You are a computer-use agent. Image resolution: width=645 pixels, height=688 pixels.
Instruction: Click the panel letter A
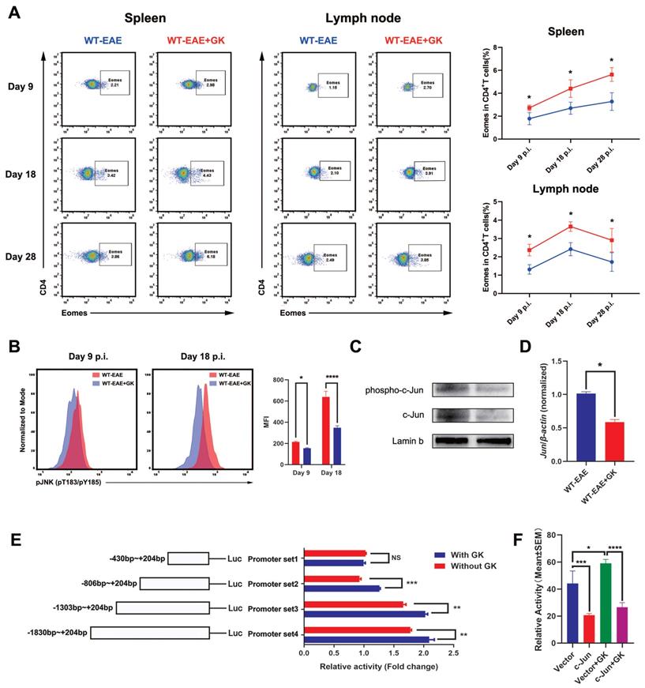(x=13, y=13)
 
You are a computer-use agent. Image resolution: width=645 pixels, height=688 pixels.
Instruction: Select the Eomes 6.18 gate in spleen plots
(x=213, y=253)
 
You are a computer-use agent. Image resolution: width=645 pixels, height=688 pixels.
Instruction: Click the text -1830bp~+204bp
(x=128, y=633)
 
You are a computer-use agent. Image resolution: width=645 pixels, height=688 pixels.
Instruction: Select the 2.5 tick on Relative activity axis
(x=453, y=655)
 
